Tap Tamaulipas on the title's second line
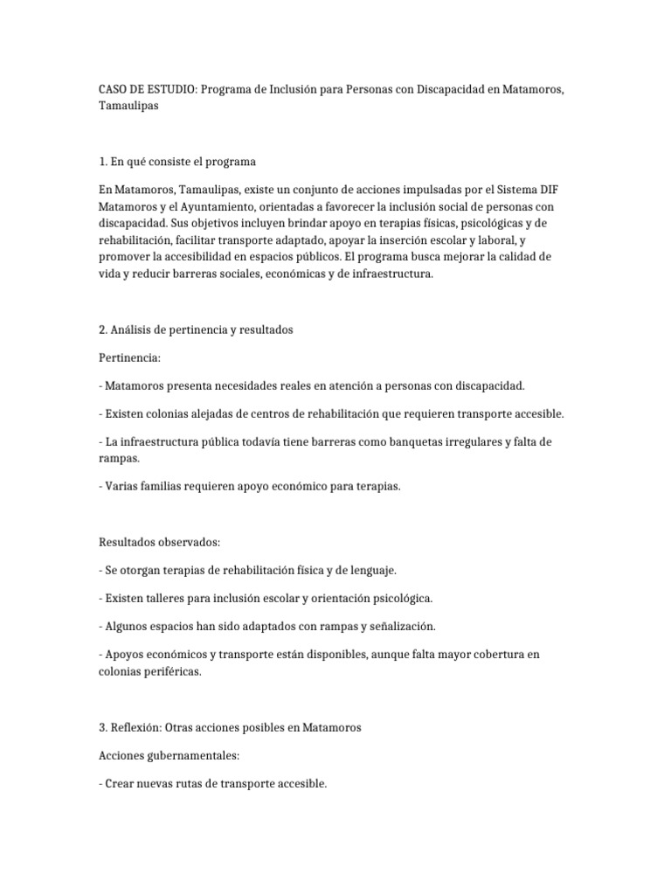coord(129,107)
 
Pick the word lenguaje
coord(372,571)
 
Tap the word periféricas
coord(171,671)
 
